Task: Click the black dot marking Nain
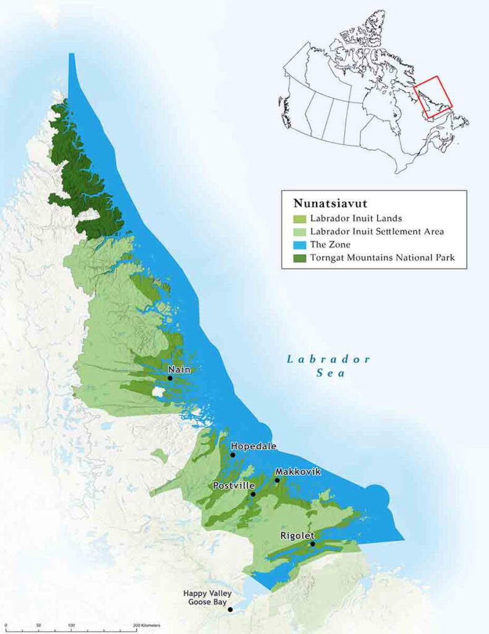pos(170,378)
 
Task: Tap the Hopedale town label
pos(253,446)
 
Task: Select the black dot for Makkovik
pos(277,480)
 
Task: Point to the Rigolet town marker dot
pos(312,544)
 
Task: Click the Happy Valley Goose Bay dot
pos(230,609)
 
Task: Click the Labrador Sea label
pos(328,366)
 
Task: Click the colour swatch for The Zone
pos(298,245)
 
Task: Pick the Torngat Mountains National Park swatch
pos(298,258)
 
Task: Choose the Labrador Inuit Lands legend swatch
pos(298,219)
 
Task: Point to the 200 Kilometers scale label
pos(148,626)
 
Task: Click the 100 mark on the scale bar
pos(71,626)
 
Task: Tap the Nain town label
pos(179,370)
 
